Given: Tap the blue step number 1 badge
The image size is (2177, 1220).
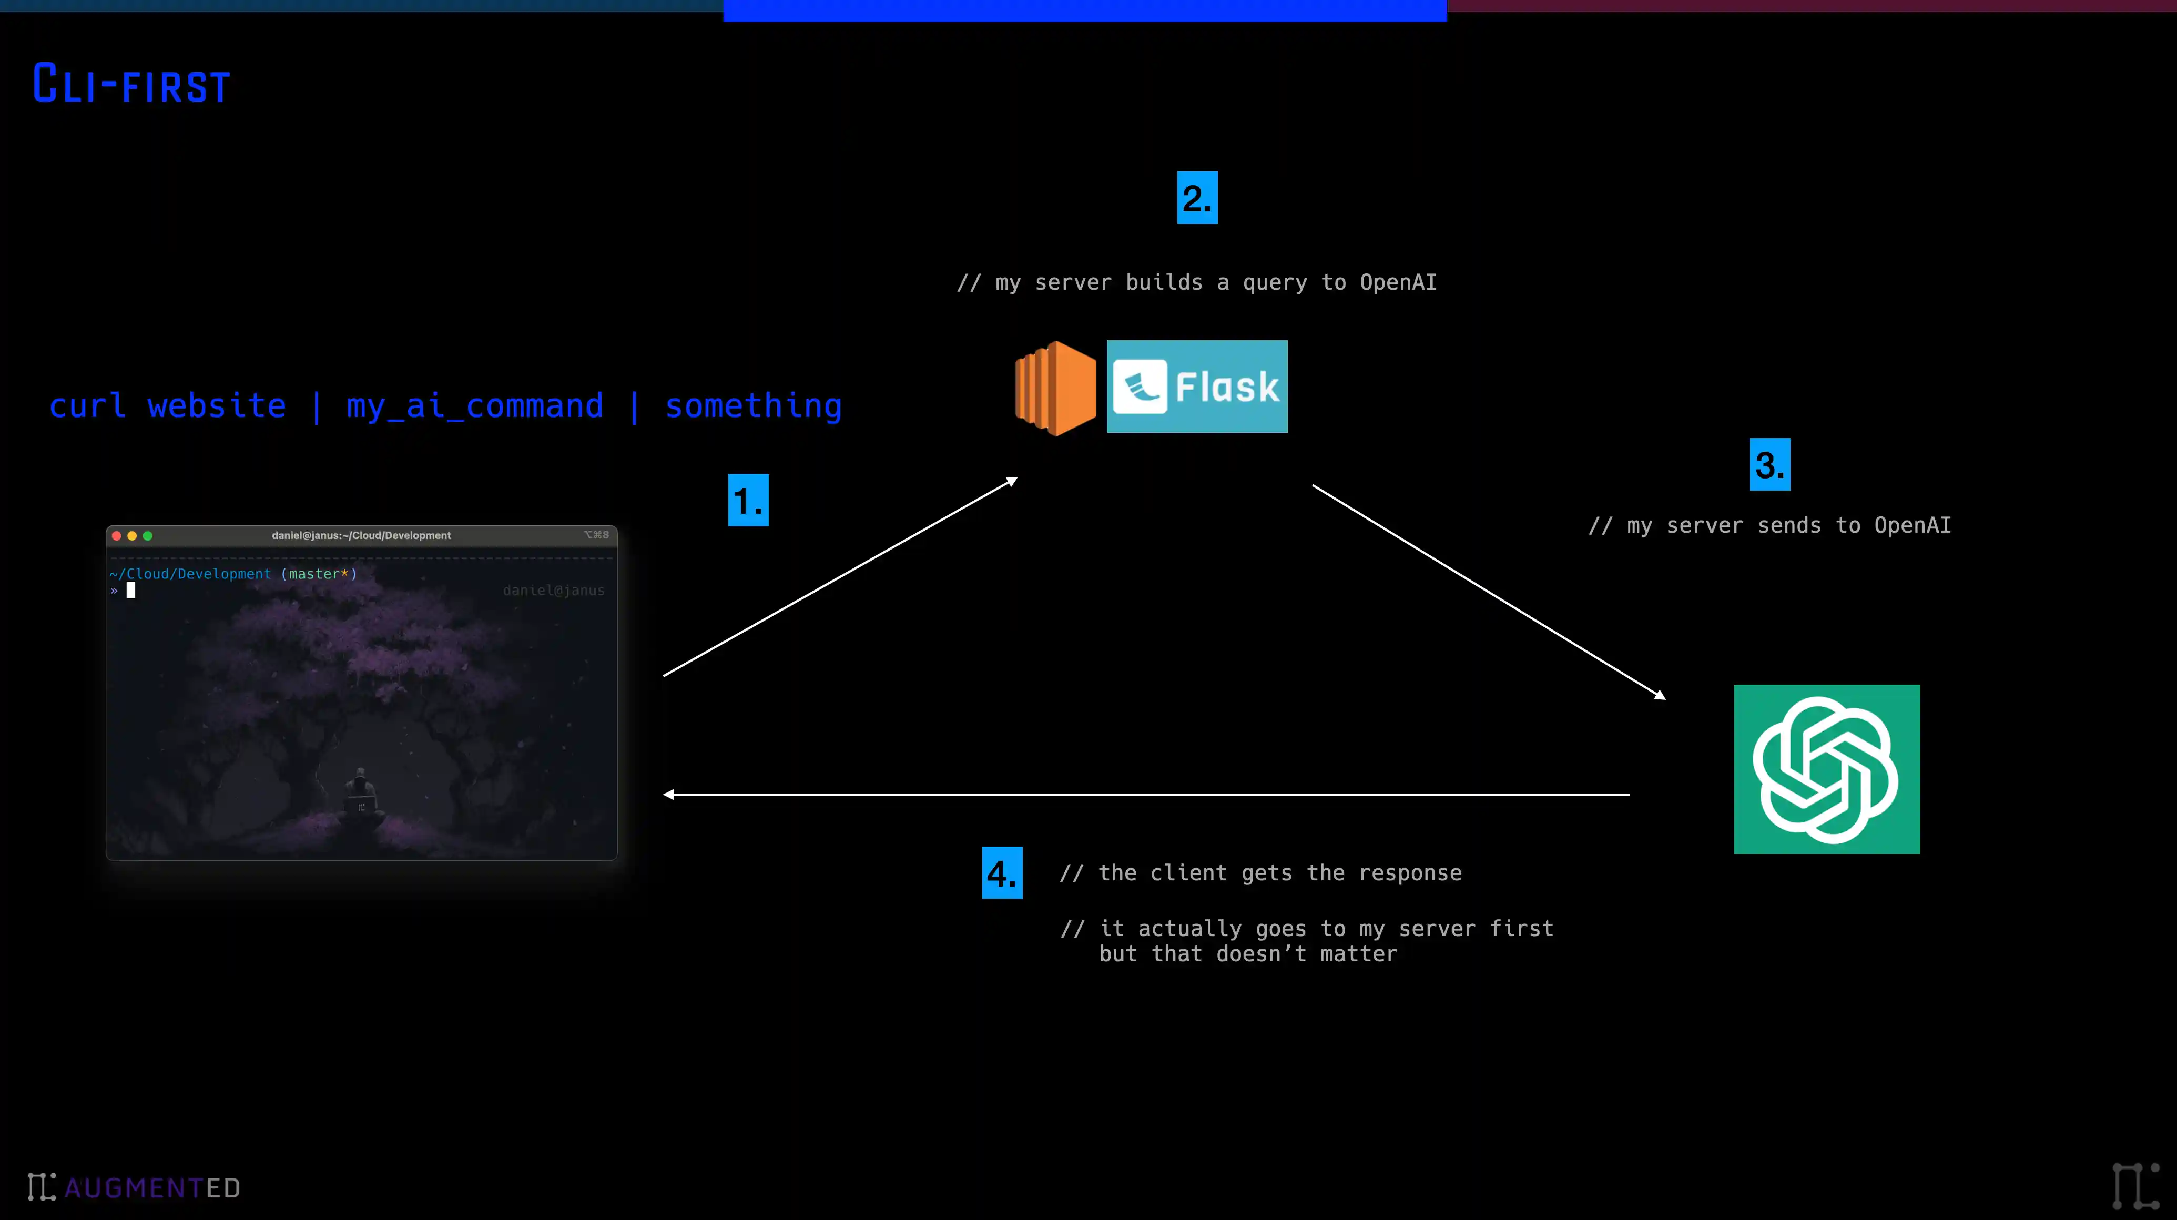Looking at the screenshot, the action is click(748, 500).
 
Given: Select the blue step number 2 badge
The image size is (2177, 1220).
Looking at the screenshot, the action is click(1197, 198).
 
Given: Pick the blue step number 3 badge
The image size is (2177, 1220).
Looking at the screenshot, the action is click(1769, 464).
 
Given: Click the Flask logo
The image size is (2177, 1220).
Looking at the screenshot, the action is click(1197, 386).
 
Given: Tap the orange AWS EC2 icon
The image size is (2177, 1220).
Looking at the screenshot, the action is click(1055, 388).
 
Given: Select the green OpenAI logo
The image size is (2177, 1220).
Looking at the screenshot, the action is click(1826, 769).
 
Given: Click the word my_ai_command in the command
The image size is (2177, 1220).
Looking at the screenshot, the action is click(475, 406).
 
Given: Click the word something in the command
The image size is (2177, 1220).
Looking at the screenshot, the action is click(753, 406).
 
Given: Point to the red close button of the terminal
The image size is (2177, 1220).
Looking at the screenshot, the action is click(117, 536).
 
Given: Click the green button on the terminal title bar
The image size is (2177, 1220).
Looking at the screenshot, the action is click(148, 536).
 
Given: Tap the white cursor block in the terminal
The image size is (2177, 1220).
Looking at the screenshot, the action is click(131, 589).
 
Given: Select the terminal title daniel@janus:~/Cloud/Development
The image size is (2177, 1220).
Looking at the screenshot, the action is click(361, 536).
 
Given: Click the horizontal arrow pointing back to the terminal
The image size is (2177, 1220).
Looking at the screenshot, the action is click(1146, 794).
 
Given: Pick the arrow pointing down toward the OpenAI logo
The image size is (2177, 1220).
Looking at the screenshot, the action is click(1488, 592).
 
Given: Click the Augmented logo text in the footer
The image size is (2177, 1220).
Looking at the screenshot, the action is click(152, 1188).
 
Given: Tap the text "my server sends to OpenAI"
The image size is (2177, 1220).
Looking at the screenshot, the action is click(1789, 525).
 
